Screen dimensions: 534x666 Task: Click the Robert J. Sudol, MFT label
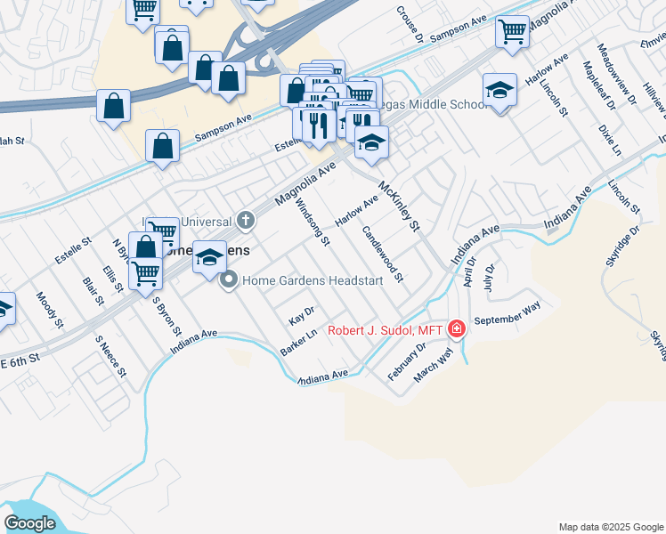click(x=386, y=330)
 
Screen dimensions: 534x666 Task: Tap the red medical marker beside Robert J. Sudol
click(x=457, y=330)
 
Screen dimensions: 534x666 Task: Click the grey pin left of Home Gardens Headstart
click(x=229, y=280)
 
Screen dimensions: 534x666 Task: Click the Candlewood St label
click(x=383, y=254)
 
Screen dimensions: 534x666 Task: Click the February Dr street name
click(x=407, y=360)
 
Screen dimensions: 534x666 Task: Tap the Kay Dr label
click(x=302, y=319)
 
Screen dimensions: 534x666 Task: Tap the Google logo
click(x=29, y=522)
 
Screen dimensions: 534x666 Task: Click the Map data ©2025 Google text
click(x=611, y=527)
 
